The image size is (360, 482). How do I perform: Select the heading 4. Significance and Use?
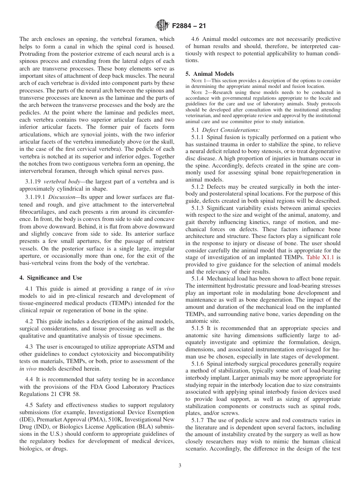click(50, 278)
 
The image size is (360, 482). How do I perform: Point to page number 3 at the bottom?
click(180, 466)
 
